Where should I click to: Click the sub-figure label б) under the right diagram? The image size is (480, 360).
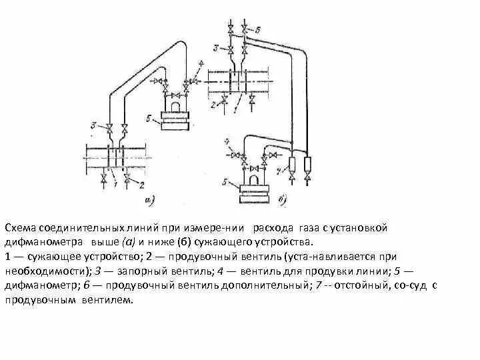pos(281,199)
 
